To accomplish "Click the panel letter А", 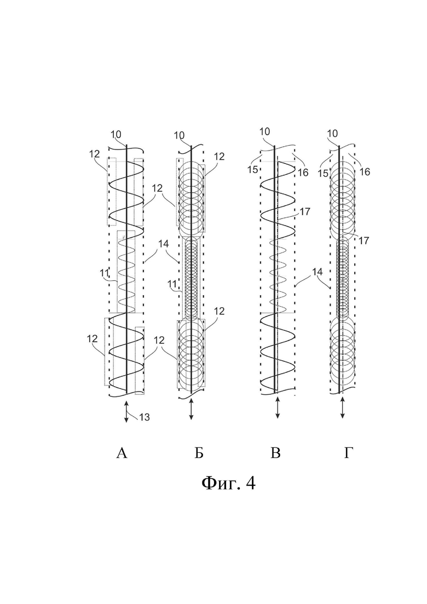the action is pyautogui.click(x=122, y=453).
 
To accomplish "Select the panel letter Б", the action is pyautogui.click(x=199, y=453).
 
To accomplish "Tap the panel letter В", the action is pyautogui.click(x=275, y=453).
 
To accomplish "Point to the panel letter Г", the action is pyautogui.click(x=348, y=453).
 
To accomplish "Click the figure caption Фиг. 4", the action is pyautogui.click(x=228, y=482).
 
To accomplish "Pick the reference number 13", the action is pyautogui.click(x=144, y=417).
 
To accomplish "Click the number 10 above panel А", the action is pyautogui.click(x=116, y=135).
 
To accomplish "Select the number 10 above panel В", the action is pyautogui.click(x=264, y=132).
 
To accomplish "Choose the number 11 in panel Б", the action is pyautogui.click(x=172, y=284).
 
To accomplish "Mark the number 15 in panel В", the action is pyautogui.click(x=253, y=170).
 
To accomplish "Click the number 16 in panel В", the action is pyautogui.click(x=303, y=172).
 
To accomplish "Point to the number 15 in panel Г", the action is pyautogui.click(x=324, y=174).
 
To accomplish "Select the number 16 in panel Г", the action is pyautogui.click(x=364, y=171).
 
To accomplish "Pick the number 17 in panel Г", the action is pyautogui.click(x=364, y=241).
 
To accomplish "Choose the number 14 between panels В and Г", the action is pyautogui.click(x=318, y=272).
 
